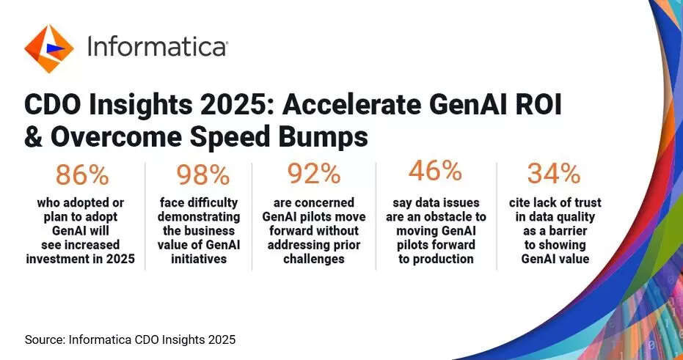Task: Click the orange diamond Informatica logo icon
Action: click(48, 48)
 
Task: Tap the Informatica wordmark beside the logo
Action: click(157, 45)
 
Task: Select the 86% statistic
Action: click(82, 175)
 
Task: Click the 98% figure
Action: click(202, 175)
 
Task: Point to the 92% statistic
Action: click(314, 174)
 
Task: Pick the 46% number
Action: click(435, 171)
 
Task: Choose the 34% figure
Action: click(554, 174)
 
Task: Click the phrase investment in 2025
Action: click(81, 259)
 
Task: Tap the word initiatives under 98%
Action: click(199, 259)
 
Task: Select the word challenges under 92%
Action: click(314, 259)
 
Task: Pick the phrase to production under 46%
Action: click(436, 259)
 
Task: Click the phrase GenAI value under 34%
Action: click(555, 259)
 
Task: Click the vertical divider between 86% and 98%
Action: click(145, 216)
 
